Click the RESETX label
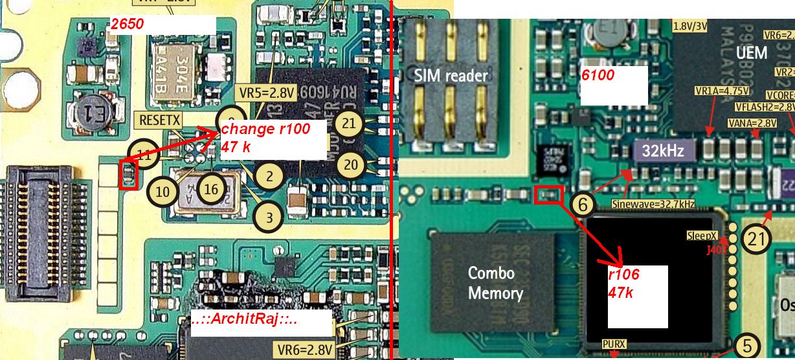pyautogui.click(x=159, y=120)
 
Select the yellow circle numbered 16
pyautogui.click(x=211, y=190)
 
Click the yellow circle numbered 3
pyautogui.click(x=268, y=216)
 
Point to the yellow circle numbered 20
pyautogui.click(x=350, y=165)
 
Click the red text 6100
pyautogui.click(x=598, y=75)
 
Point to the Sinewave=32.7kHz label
pyautogui.click(x=653, y=204)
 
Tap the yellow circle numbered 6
pyautogui.click(x=583, y=205)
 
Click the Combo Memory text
pyautogui.click(x=495, y=283)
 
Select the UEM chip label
pyautogui.click(x=752, y=53)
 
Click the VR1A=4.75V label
pyautogui.click(x=721, y=91)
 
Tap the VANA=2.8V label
pyautogui.click(x=752, y=122)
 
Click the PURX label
pyautogui.click(x=614, y=344)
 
